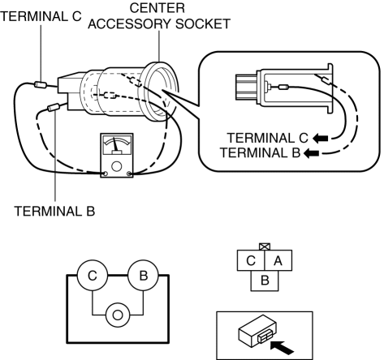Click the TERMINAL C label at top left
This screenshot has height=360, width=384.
[x=41, y=17]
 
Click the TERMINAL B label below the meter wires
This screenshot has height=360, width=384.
[x=54, y=212]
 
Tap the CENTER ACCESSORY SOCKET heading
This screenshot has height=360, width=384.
[x=159, y=16]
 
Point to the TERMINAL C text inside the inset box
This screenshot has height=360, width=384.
[x=267, y=138]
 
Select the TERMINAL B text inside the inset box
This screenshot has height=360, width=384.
[x=260, y=152]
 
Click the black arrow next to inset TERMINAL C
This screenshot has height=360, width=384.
[x=321, y=139]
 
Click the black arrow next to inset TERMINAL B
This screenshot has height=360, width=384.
[x=311, y=153]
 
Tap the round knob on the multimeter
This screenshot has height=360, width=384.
[x=117, y=166]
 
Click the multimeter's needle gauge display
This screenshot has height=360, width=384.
[x=117, y=145]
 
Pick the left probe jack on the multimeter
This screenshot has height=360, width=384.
[x=106, y=174]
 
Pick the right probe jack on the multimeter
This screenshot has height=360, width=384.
[x=129, y=174]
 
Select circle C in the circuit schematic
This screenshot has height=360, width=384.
[x=93, y=276]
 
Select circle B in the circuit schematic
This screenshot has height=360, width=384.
[x=143, y=276]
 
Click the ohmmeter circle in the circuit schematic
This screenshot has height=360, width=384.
[x=118, y=315]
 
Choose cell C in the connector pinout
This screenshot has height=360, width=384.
[x=251, y=260]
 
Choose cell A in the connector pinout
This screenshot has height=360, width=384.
[x=278, y=260]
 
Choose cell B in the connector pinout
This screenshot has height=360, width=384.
[x=265, y=281]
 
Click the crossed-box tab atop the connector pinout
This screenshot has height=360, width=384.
[x=265, y=246]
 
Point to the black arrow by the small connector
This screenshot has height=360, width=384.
[x=282, y=348]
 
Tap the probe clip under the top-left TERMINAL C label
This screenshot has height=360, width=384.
[x=41, y=84]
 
